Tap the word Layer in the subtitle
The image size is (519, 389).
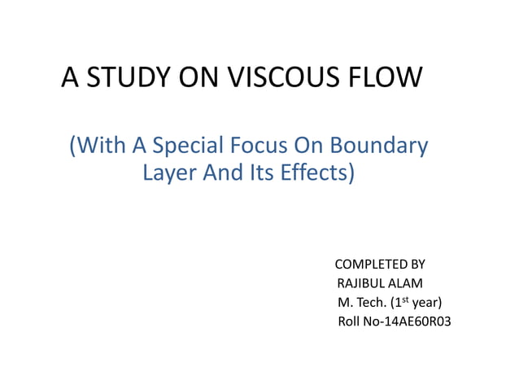[168, 174]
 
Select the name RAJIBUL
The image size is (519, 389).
[360, 283]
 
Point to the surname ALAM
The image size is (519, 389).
[406, 283]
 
